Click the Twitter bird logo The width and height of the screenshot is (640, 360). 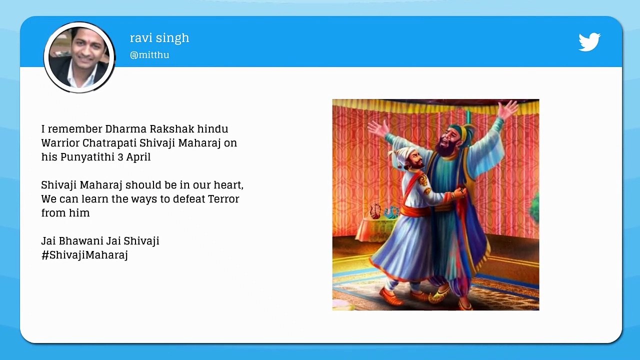[589, 42]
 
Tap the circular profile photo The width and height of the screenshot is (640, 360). [79, 57]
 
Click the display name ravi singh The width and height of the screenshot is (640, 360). [159, 38]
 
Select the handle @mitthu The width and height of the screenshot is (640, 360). [149, 55]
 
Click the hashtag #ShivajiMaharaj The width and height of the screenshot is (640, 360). [84, 255]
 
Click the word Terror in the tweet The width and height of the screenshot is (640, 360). [220, 199]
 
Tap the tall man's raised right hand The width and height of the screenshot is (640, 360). [377, 129]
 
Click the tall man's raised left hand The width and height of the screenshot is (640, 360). [508, 109]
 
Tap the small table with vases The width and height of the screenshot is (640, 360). [377, 225]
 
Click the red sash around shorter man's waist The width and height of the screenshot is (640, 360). [416, 211]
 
